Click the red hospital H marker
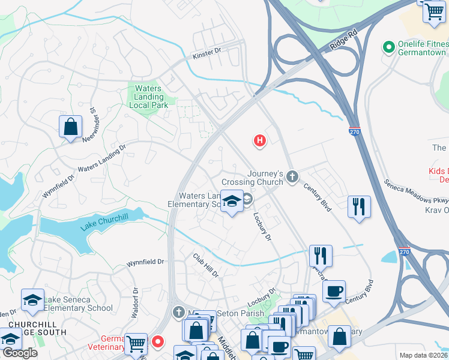pos(259,141)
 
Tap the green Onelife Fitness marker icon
pos(389,46)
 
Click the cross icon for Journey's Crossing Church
pos(292,176)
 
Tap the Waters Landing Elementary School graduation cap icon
pos(231,201)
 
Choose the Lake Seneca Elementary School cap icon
pos(32,301)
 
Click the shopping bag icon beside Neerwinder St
pos(70,127)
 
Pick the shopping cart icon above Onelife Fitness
pos(433,11)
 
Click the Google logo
pos(20,353)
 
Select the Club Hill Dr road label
pos(205,265)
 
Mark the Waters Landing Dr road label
pos(102,158)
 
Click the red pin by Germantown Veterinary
pos(158,342)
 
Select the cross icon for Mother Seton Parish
pos(178,312)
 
